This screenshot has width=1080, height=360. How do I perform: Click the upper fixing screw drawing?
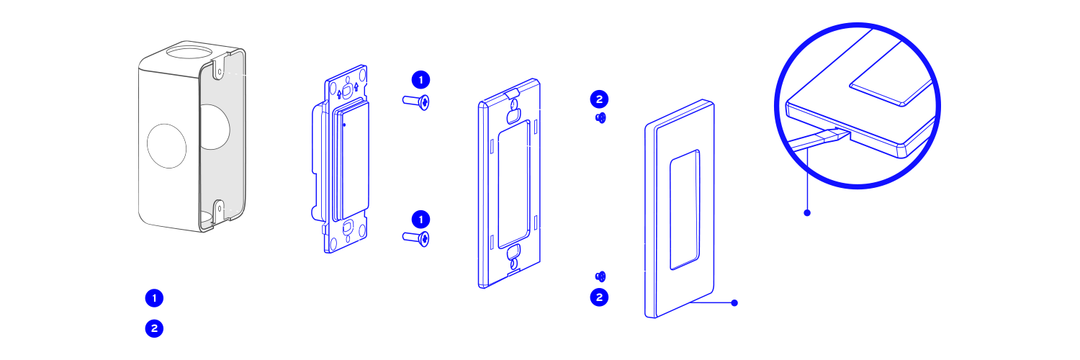click(417, 103)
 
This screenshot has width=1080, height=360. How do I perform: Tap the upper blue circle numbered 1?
click(421, 79)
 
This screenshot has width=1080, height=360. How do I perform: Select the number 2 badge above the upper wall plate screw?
click(599, 99)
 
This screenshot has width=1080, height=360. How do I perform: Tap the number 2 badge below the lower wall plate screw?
click(599, 296)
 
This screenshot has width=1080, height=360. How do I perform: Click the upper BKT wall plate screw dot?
click(601, 117)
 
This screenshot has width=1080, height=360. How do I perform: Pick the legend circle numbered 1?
click(154, 298)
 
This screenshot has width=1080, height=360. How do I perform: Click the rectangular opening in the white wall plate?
click(683, 208)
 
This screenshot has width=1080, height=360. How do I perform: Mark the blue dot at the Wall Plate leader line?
click(734, 302)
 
